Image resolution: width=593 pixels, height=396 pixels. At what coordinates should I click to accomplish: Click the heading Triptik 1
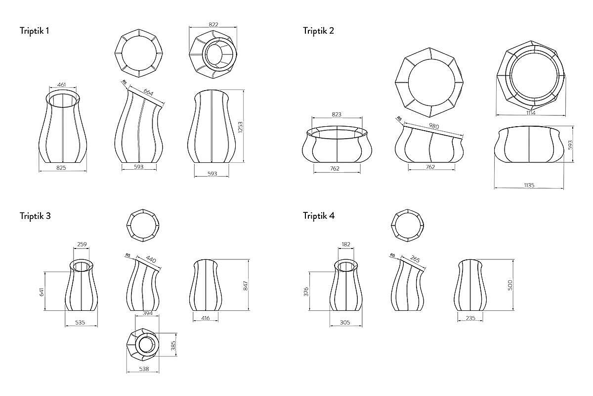[x=34, y=31]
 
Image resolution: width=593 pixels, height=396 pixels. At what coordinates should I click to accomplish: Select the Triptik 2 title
[x=318, y=31]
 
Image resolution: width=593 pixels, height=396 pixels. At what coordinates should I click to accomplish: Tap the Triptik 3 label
[x=35, y=216]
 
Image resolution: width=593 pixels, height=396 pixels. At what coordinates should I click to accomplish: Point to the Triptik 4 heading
[x=319, y=216]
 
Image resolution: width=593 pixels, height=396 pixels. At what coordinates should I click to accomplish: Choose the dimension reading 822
[x=213, y=24]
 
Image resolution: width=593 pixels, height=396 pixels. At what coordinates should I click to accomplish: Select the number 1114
[x=532, y=113]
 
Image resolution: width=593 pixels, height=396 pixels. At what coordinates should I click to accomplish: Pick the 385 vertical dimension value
[x=173, y=346]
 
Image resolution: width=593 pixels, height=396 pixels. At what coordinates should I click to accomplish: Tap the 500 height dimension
[x=510, y=285]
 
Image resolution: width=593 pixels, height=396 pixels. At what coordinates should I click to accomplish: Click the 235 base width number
[x=470, y=318]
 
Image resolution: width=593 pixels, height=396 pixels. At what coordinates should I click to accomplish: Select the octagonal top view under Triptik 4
[x=408, y=226]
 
